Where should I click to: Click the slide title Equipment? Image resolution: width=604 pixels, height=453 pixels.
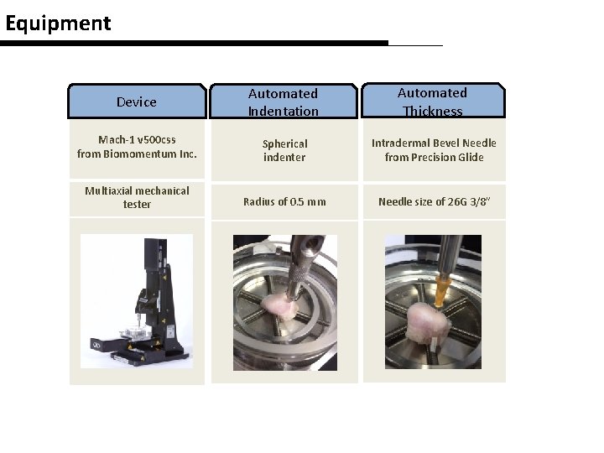(58, 23)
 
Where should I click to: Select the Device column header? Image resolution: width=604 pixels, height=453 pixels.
(137, 102)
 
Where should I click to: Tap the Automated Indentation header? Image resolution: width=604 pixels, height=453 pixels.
(284, 102)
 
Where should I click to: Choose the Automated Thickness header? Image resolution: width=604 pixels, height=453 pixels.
(432, 101)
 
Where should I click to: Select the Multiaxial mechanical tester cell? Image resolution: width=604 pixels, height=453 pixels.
(137, 197)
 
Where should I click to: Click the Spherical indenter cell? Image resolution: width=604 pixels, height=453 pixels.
(284, 150)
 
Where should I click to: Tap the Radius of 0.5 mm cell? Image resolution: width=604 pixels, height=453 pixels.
(284, 201)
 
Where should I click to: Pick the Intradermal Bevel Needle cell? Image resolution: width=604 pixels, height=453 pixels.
(434, 150)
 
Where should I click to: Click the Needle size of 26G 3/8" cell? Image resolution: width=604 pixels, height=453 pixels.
(434, 201)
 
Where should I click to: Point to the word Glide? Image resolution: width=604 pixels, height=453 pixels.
(470, 157)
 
